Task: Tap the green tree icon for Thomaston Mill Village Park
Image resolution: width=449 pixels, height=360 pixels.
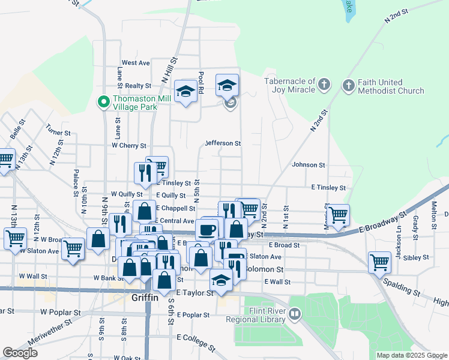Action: pos(103,103)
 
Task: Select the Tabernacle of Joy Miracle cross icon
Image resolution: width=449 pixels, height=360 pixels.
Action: pos(324,85)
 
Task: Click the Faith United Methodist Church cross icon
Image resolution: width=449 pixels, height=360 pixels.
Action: pos(349,85)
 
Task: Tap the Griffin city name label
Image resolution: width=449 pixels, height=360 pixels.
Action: pos(145,297)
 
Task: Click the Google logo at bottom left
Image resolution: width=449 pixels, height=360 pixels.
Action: pos(20,353)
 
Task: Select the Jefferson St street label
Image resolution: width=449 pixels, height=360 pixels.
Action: pos(223,143)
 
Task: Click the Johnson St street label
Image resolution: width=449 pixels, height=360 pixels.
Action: pos(309,164)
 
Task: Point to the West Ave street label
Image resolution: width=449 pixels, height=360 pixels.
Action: pos(136,62)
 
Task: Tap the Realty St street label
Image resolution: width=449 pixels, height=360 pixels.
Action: pos(138,86)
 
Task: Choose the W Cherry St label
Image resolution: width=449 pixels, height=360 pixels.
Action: pos(129,146)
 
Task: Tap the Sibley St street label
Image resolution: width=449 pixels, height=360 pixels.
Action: pos(417,257)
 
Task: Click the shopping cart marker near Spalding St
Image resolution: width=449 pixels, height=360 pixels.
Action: pos(380,261)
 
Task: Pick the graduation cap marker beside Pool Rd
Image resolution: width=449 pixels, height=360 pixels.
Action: pos(186,91)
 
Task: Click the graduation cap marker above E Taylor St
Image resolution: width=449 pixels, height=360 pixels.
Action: pos(221,280)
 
